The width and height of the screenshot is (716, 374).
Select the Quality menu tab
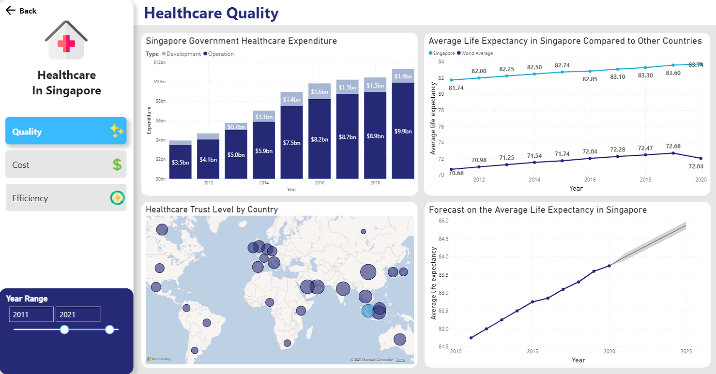tap(66, 131)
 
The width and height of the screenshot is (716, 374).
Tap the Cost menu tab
tap(66, 165)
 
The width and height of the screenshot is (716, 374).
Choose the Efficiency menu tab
tap(66, 198)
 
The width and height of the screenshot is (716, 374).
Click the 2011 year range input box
tap(31, 314)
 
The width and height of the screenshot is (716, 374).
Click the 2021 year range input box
tap(77, 314)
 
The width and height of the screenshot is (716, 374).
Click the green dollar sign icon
tap(117, 165)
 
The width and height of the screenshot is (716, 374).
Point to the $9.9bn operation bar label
tap(403, 132)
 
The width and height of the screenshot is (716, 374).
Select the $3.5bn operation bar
tap(180, 162)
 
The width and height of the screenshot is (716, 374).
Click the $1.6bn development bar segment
tap(320, 91)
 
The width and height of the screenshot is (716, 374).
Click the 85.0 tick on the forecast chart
tap(443, 221)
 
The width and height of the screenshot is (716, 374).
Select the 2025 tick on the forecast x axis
tap(686, 351)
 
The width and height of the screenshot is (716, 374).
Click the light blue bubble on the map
tap(368, 311)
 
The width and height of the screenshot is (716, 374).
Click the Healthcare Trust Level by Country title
tap(212, 209)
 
